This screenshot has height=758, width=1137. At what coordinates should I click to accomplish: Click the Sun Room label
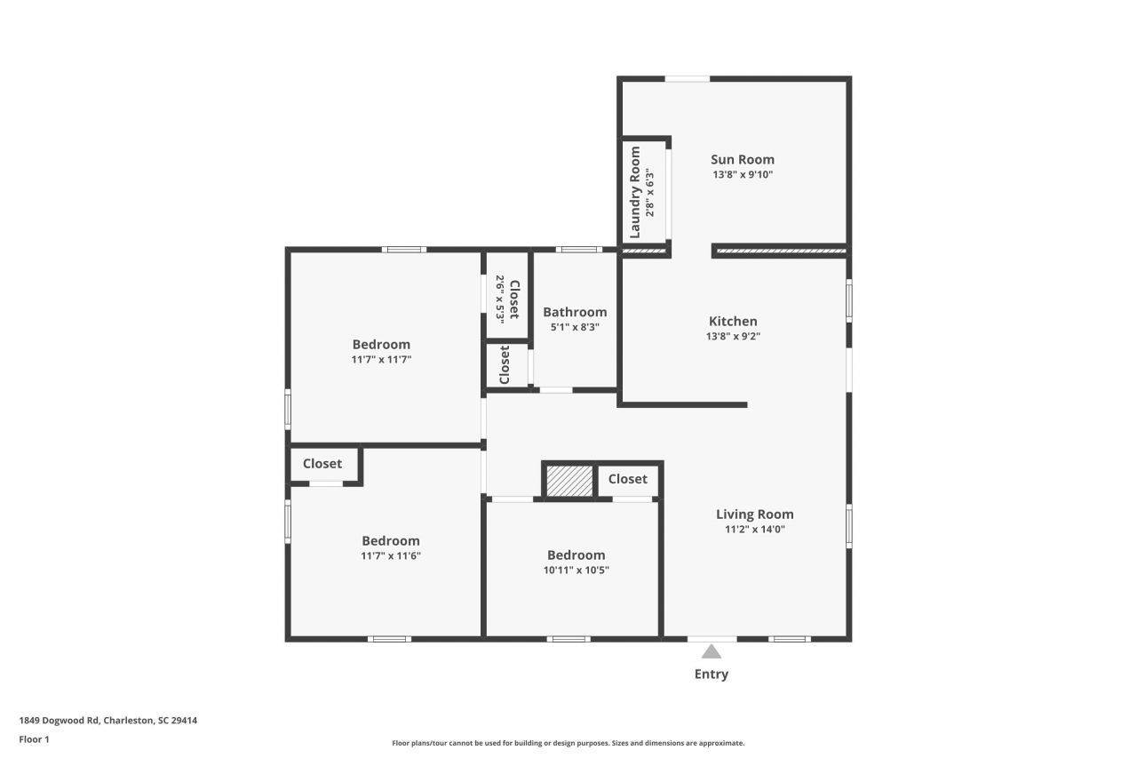point(742,160)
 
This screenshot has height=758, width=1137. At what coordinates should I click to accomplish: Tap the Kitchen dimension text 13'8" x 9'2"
point(733,337)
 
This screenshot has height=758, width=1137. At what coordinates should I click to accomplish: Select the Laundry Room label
point(635,193)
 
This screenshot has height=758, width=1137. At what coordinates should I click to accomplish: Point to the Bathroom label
point(575,312)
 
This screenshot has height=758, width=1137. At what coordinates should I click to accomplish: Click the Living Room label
point(754,514)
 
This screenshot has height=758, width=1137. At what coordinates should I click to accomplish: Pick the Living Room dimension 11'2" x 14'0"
point(754,530)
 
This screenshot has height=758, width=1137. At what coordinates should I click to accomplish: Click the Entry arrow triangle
point(712,651)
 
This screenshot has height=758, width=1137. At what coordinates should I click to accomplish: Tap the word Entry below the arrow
point(711,674)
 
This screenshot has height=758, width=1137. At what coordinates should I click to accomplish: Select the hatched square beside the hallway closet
point(568,481)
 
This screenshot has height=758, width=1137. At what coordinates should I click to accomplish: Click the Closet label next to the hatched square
point(627,479)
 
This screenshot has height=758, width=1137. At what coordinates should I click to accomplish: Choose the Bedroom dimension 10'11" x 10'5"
point(576,570)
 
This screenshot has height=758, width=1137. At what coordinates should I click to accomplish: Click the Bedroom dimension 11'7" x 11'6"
point(390,556)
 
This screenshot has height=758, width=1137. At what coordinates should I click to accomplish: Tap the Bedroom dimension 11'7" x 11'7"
point(381,360)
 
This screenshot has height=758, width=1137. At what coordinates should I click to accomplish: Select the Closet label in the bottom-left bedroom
point(322,463)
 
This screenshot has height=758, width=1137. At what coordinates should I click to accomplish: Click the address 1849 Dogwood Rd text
point(108,721)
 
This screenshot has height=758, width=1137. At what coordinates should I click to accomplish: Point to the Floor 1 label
point(35,739)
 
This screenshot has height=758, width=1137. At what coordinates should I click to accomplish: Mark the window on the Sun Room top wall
point(688,79)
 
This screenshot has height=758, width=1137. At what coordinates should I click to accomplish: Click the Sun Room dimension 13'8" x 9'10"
point(742,175)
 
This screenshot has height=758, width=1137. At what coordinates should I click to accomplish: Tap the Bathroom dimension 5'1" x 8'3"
point(575,327)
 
